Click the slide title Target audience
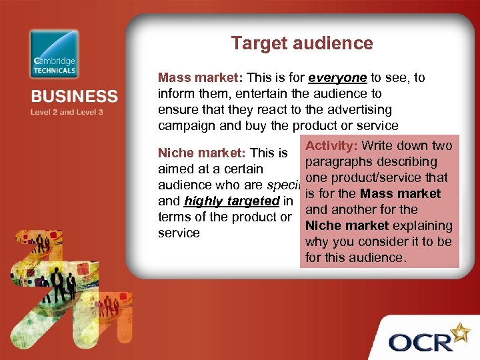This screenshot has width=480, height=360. [x=302, y=44]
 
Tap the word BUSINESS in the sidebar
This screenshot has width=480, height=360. [x=74, y=97]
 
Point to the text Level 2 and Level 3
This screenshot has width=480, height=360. [x=67, y=112]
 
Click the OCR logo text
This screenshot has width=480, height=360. [x=422, y=343]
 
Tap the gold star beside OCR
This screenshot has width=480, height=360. [x=460, y=331]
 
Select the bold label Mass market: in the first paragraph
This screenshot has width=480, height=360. [x=200, y=78]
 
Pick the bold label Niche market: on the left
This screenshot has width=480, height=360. [x=201, y=153]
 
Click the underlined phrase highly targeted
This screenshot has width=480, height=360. [x=231, y=201]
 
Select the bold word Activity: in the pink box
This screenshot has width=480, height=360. [x=331, y=146]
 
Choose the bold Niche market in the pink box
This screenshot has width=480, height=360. [x=346, y=226]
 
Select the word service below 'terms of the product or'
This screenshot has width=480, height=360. [x=179, y=233]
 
